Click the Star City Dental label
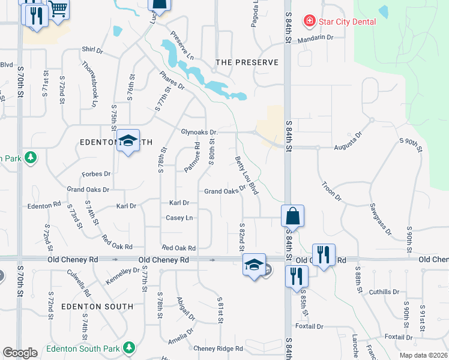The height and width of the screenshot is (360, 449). pos(348,22)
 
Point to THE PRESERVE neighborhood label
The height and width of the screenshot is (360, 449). pos(247,62)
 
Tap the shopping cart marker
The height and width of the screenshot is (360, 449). pos(58,10)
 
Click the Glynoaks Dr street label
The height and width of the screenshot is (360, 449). pos(199,132)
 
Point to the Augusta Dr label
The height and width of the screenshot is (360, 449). pos(351,142)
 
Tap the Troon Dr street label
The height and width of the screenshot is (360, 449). pos(331,191)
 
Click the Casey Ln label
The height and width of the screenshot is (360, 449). pos(179,218)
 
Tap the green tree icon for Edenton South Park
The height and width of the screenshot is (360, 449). pos(128,347)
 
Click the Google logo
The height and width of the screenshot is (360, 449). pos(20,353)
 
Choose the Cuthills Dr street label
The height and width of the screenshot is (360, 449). pos(384,292)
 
